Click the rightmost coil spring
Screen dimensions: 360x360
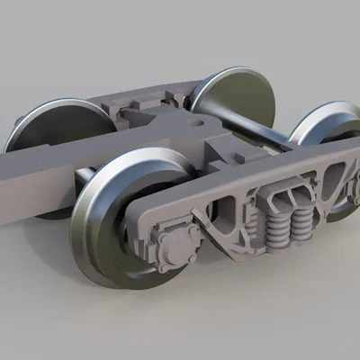pyautogui.click(x=304, y=219)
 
